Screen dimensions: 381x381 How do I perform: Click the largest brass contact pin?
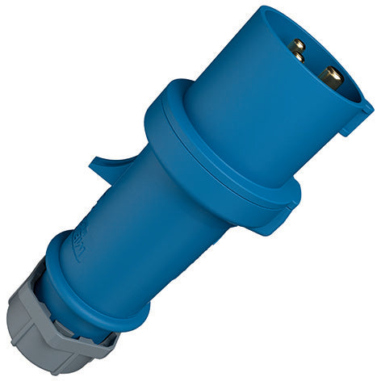click(x=329, y=78)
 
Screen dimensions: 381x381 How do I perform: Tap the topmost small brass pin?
click(x=298, y=45)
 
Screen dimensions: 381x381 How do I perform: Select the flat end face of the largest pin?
click(x=333, y=77)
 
